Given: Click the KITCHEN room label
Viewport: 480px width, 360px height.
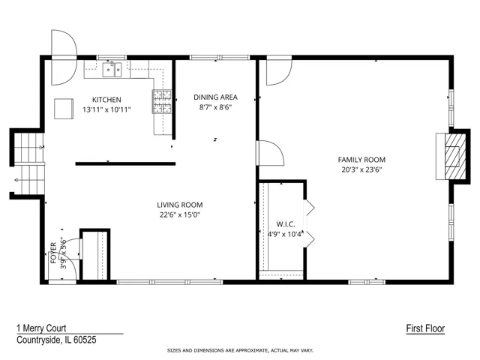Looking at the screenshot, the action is click(106, 100).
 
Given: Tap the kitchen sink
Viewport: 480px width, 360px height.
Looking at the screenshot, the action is click(112, 70).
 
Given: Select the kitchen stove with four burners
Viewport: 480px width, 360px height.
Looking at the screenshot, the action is click(162, 102).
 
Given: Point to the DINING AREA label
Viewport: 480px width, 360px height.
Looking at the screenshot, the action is click(215, 97).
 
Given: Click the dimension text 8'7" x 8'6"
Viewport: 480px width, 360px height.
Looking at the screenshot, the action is click(215, 107).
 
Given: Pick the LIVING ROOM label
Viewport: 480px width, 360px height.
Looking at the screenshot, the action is click(180, 205).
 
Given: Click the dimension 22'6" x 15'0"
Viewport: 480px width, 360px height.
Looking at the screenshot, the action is click(180, 214).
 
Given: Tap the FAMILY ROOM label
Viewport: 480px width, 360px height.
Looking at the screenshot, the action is click(361, 160).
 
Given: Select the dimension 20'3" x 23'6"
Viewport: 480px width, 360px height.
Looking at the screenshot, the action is click(361, 169).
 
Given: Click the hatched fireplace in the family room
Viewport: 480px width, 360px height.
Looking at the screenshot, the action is click(455, 157).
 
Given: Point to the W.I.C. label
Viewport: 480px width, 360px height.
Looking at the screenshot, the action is click(286, 224).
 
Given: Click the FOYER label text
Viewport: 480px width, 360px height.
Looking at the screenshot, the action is click(53, 253).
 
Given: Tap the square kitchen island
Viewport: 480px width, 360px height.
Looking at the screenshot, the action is click(64, 109).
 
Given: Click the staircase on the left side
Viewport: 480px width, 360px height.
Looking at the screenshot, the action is click(28, 163).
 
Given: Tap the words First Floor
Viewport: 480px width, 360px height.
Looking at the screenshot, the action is click(425, 328).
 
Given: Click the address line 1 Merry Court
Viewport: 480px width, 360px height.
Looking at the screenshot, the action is click(41, 328).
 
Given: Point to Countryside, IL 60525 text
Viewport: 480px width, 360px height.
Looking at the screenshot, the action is click(56, 340).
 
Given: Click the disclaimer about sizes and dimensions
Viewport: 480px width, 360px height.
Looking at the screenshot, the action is click(240, 350).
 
